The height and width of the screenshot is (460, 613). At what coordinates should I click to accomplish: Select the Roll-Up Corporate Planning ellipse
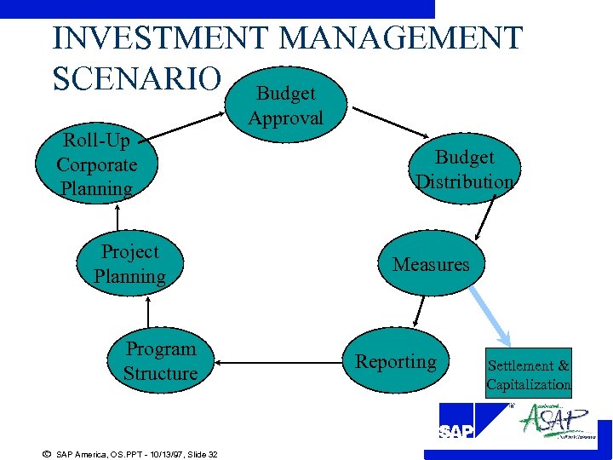coord(96,164)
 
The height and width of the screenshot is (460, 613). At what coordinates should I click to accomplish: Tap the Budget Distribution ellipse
coord(465,170)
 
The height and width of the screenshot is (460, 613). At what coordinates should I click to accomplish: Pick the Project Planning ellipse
coord(130,264)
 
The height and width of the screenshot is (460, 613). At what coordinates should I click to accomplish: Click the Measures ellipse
coord(431,264)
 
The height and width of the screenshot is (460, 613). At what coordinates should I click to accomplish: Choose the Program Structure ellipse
coord(160,361)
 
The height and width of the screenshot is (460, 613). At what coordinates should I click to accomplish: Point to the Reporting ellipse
coord(396,361)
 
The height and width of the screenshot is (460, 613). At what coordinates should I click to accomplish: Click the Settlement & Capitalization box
coord(529,374)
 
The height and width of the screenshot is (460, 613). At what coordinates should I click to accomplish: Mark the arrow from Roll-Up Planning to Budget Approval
coord(187,119)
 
